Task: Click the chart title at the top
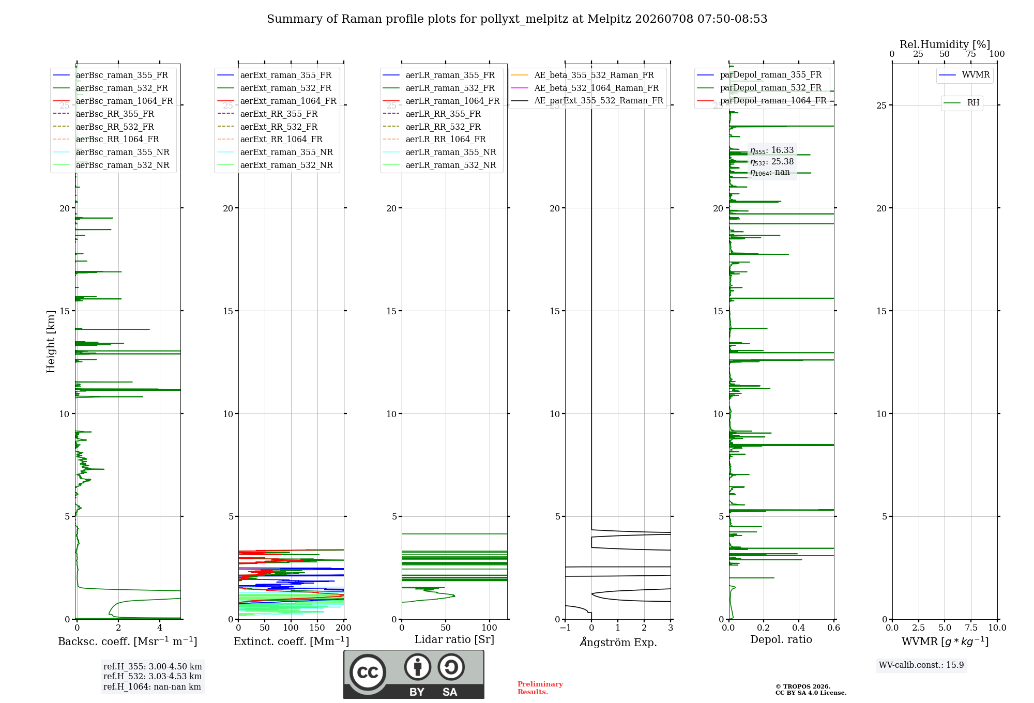(x=517, y=19)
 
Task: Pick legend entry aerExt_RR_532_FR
(x=279, y=127)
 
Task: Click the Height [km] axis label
(x=51, y=342)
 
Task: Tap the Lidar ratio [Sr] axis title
(x=454, y=640)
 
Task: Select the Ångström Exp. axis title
(x=618, y=642)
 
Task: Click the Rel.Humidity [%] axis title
(x=945, y=44)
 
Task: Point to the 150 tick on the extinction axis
(x=317, y=628)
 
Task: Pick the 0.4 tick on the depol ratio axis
(x=799, y=628)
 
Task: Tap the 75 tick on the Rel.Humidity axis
(x=971, y=54)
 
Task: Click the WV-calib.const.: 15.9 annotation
(x=921, y=665)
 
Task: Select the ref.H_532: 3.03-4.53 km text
(x=153, y=677)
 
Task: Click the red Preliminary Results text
(x=540, y=688)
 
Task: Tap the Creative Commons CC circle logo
(x=368, y=673)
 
